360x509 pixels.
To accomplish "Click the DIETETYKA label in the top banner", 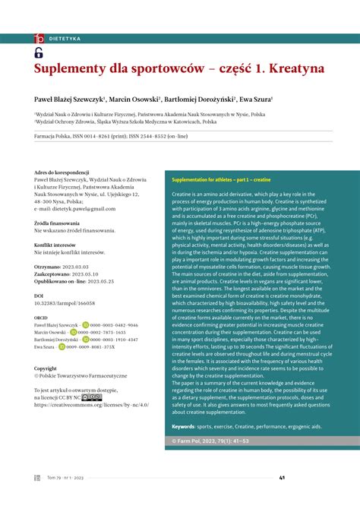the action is [65, 37].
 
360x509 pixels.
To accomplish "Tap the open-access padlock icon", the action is [39, 52].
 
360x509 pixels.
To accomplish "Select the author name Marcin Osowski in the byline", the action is [134, 99].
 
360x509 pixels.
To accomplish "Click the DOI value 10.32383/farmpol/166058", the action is [74, 302].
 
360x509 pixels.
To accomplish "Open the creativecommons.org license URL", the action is [91, 405].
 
